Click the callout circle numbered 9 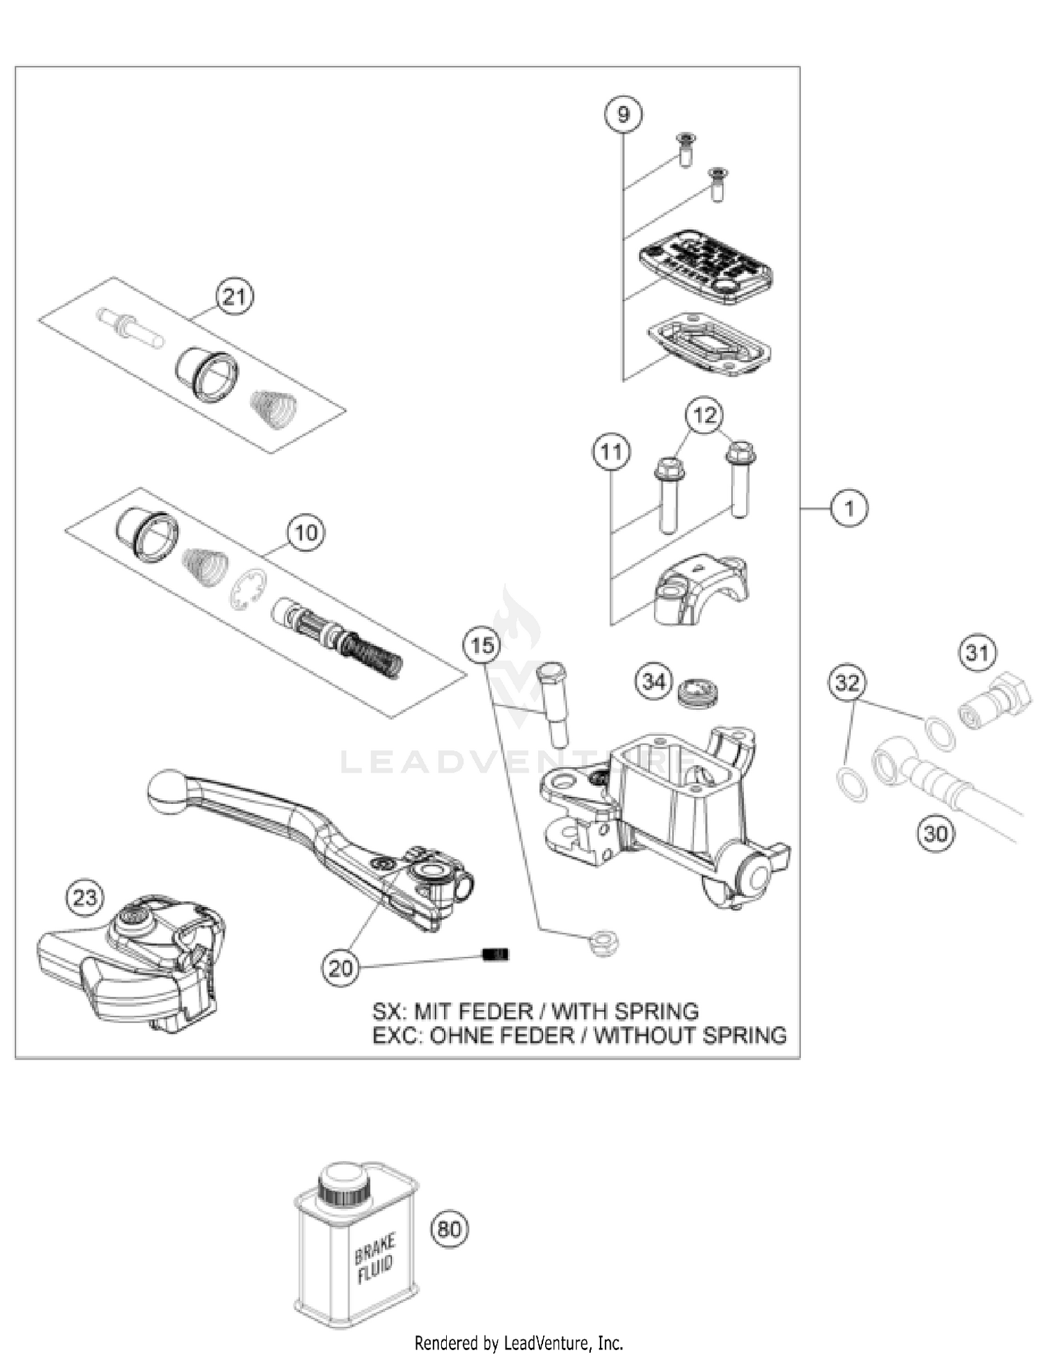tap(623, 114)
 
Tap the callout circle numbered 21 tap(234, 296)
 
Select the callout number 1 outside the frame tap(849, 508)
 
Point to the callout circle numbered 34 tap(654, 682)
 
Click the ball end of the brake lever tap(167, 791)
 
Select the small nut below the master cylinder tap(601, 943)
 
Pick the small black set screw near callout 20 tap(495, 954)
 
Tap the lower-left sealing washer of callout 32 tap(851, 783)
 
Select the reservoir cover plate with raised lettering tap(705, 267)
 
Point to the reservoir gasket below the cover tap(709, 345)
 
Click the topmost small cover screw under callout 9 tap(686, 149)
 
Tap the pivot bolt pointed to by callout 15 tap(553, 703)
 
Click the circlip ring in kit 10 tap(247, 589)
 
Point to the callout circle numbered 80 tap(450, 1229)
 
